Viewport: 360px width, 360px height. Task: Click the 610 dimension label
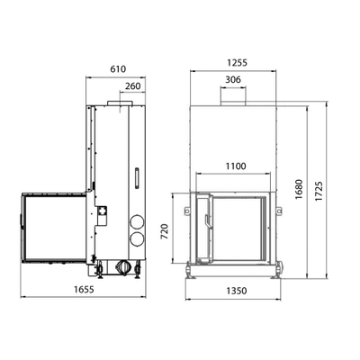coord(118,69)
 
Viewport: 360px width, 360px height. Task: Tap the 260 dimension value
coord(132,86)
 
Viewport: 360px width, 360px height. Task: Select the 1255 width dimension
coord(237,63)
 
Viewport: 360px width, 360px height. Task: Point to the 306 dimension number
coord(233,79)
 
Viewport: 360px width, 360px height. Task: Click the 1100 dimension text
coord(236,166)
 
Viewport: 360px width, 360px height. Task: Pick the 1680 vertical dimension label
coord(299,190)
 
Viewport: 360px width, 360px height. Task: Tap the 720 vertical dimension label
coord(165,231)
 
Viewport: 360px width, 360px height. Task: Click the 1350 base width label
coord(237,291)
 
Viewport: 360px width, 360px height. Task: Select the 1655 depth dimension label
coord(84,289)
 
